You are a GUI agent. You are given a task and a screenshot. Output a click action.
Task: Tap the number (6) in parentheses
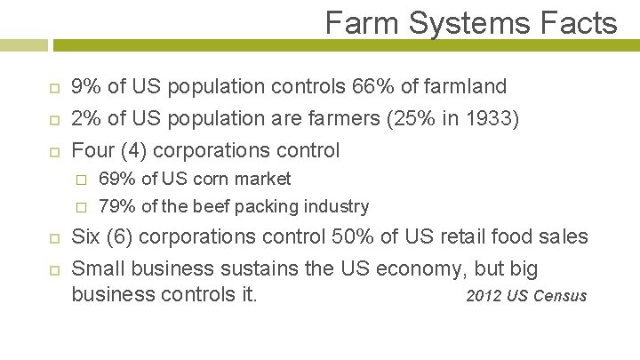tap(119, 237)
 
